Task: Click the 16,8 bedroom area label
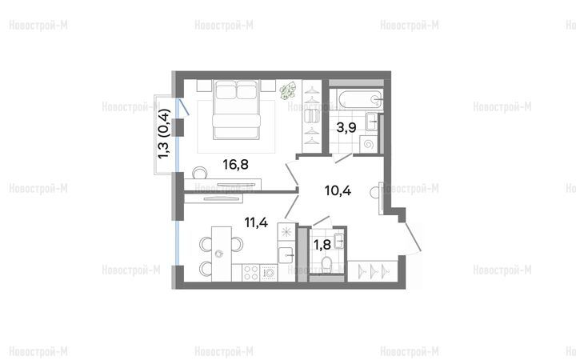pyautogui.click(x=235, y=165)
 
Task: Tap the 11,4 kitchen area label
pyautogui.click(x=257, y=222)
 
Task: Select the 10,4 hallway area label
pyautogui.click(x=338, y=190)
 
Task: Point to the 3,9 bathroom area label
pyautogui.click(x=346, y=127)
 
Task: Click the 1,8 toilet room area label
pyautogui.click(x=322, y=244)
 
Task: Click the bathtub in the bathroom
pyautogui.click(x=361, y=99)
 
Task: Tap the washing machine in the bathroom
pyautogui.click(x=369, y=144)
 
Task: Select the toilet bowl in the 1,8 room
pyautogui.click(x=326, y=263)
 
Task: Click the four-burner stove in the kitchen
pyautogui.click(x=251, y=273)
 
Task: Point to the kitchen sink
pyautogui.click(x=286, y=255)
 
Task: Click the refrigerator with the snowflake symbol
pyautogui.click(x=286, y=231)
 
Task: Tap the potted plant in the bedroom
pyautogui.click(x=288, y=90)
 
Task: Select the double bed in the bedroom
pyautogui.click(x=236, y=110)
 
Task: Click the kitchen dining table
pyautogui.click(x=222, y=254)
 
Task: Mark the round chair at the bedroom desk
pyautogui.click(x=200, y=172)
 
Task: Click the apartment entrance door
pyautogui.click(x=413, y=238)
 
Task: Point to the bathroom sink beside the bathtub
pyautogui.click(x=372, y=122)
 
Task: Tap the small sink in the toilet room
pyautogui.click(x=339, y=241)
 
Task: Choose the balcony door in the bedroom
pyautogui.click(x=182, y=107)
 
